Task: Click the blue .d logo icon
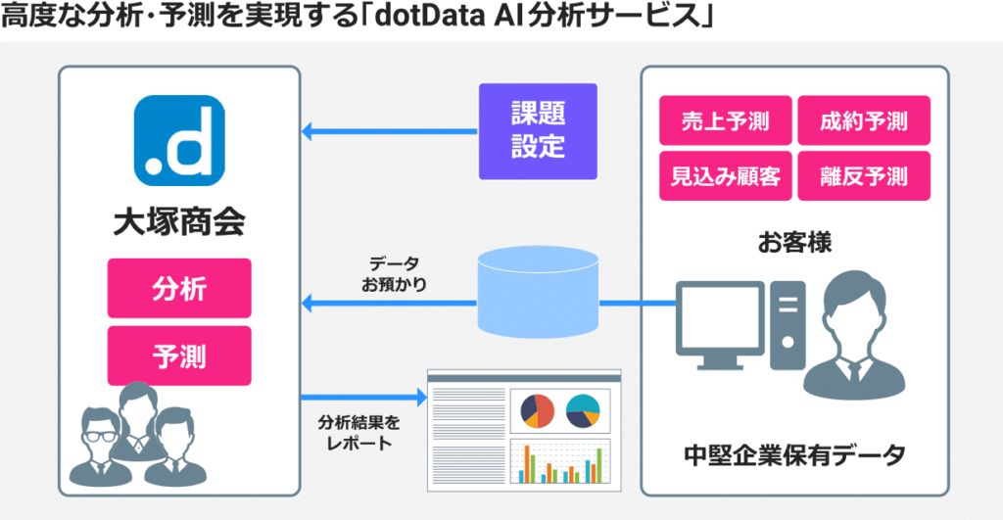click(x=179, y=141)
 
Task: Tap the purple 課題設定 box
click(x=537, y=131)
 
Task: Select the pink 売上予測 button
click(x=725, y=121)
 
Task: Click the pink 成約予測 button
click(x=863, y=121)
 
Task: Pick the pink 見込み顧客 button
click(x=725, y=176)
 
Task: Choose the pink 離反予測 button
click(x=863, y=176)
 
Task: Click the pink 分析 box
click(x=179, y=288)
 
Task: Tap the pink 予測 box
click(x=179, y=355)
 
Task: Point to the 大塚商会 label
click(x=179, y=221)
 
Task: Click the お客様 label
click(x=794, y=242)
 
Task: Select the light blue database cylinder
click(x=537, y=292)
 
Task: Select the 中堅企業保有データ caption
click(x=794, y=455)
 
